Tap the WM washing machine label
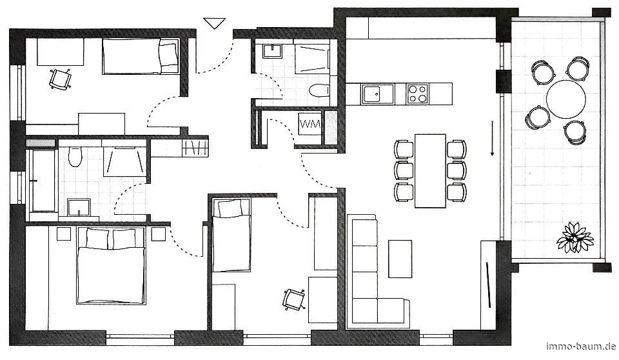[x=310, y=124]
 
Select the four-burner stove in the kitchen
[x=418, y=94]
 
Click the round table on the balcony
[x=565, y=99]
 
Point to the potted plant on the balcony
[x=575, y=237]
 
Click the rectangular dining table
[x=430, y=171]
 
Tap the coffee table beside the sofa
[x=400, y=259]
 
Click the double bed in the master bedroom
[x=112, y=266]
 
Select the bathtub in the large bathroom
[x=43, y=181]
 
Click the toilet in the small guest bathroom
[x=319, y=90]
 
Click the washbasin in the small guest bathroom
[x=272, y=52]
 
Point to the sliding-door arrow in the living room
[x=492, y=138]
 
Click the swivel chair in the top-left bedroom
[x=61, y=79]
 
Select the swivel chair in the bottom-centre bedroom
[x=294, y=299]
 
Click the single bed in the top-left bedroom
[x=141, y=55]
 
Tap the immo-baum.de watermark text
[x=581, y=346]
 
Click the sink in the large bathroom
[x=79, y=208]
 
